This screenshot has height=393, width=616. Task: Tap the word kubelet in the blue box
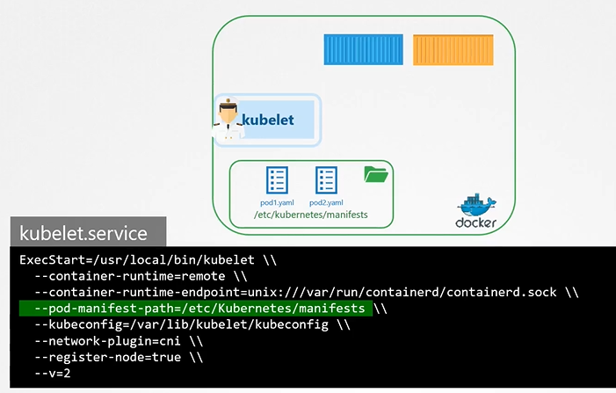[x=267, y=120]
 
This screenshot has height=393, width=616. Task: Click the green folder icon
[x=376, y=175]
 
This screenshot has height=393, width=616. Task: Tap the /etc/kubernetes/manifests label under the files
[x=310, y=215]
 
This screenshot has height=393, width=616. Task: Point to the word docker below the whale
[x=476, y=223]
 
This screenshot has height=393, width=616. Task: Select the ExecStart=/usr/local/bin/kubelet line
[x=137, y=259]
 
